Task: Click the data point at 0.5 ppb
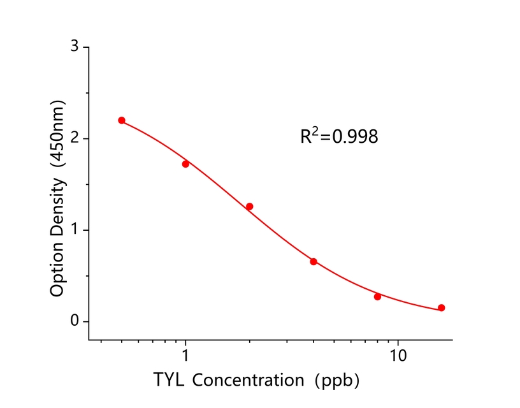(x=122, y=120)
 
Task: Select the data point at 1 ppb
(x=185, y=164)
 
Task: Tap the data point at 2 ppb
(x=249, y=207)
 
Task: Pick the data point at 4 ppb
(x=314, y=261)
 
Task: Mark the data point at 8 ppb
(x=377, y=296)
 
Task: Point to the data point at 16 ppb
(x=441, y=308)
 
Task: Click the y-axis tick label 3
(x=75, y=47)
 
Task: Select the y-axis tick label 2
(x=75, y=138)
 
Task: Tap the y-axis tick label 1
(x=75, y=229)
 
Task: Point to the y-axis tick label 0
(x=75, y=321)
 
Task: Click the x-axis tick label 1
(x=185, y=354)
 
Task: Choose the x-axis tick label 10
(x=398, y=354)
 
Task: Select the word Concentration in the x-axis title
(x=248, y=381)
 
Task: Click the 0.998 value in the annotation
(x=354, y=136)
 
